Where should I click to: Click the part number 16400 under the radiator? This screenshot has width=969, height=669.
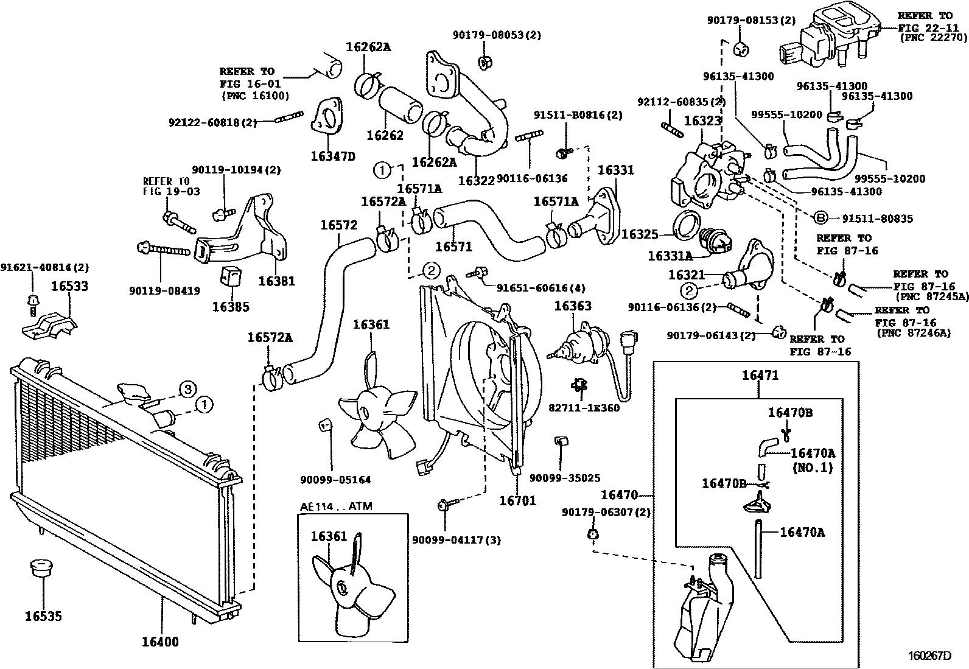point(161,642)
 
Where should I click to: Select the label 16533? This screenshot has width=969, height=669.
point(69,286)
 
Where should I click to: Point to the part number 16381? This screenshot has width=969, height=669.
point(276,281)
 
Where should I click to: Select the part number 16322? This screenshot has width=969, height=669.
point(477,181)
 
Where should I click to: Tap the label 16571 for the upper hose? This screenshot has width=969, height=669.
point(453,247)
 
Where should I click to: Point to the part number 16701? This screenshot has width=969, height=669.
point(517,501)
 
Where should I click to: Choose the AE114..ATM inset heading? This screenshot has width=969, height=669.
point(336,506)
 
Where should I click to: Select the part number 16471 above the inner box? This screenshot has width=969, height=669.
point(760,376)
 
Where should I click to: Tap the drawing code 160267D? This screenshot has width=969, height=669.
point(930,656)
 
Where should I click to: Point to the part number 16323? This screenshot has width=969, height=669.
point(702,121)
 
